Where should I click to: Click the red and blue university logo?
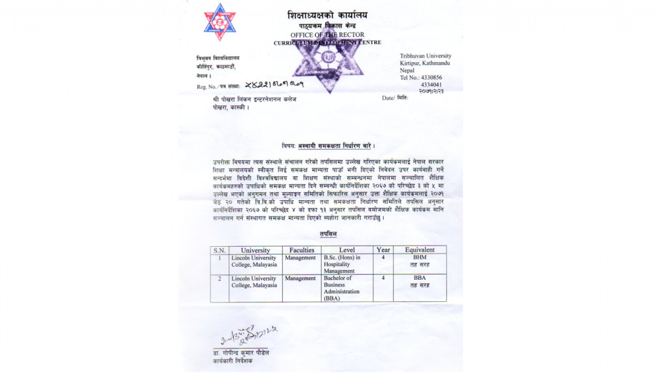pyautogui.click(x=220, y=22)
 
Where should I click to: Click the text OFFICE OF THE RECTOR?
pyautogui.click(x=327, y=34)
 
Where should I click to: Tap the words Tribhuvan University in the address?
pyautogui.click(x=425, y=56)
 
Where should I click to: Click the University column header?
pyautogui.click(x=255, y=250)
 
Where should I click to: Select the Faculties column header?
pyautogui.click(x=302, y=250)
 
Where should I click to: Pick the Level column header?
pyautogui.click(x=347, y=250)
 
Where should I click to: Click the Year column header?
pyautogui.click(x=383, y=250)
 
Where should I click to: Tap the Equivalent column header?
pyautogui.click(x=420, y=250)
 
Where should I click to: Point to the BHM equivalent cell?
pyautogui.click(x=420, y=261)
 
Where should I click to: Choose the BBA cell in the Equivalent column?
pyautogui.click(x=420, y=282)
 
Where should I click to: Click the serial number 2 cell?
pyautogui.click(x=219, y=278)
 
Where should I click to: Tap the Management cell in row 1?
pyautogui.click(x=300, y=258)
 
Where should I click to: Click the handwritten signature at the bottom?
pyautogui.click(x=247, y=335)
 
